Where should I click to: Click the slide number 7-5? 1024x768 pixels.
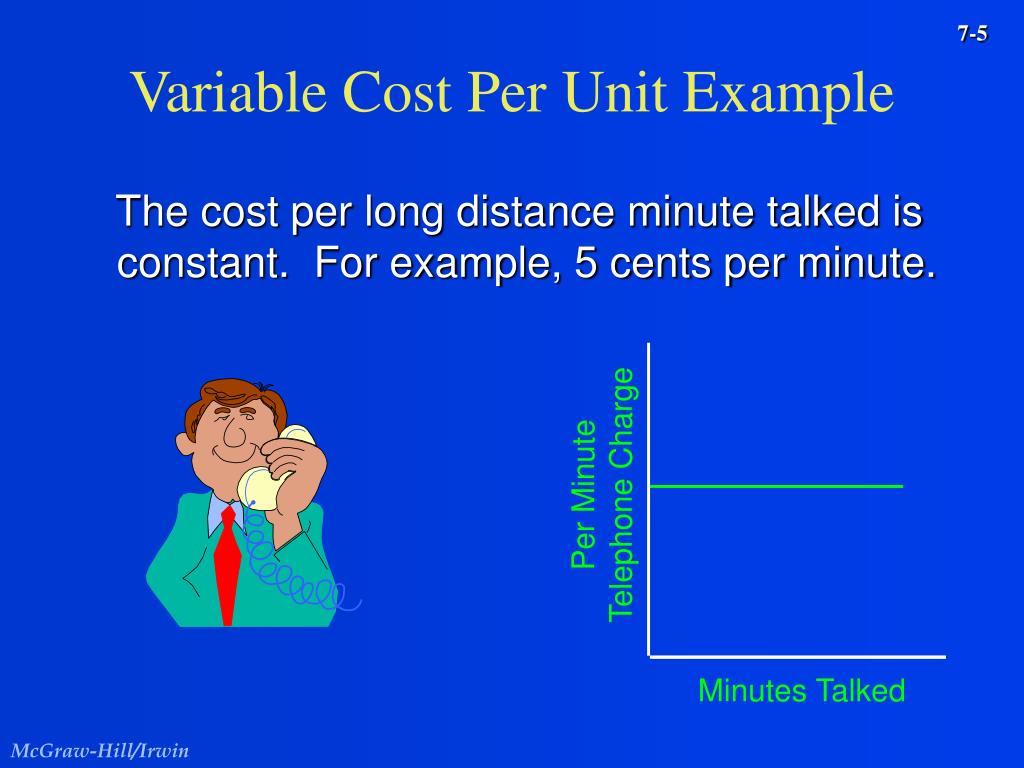point(972,35)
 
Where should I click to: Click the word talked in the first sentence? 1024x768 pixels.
point(817,213)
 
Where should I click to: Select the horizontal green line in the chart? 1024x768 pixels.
point(776,486)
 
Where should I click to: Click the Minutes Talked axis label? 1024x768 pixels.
point(801,691)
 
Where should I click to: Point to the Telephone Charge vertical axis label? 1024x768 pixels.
point(622,494)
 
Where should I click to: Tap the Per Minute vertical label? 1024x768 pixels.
point(583,494)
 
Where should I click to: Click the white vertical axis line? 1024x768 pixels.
point(649,500)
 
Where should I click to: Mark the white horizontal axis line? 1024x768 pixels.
point(797,657)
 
